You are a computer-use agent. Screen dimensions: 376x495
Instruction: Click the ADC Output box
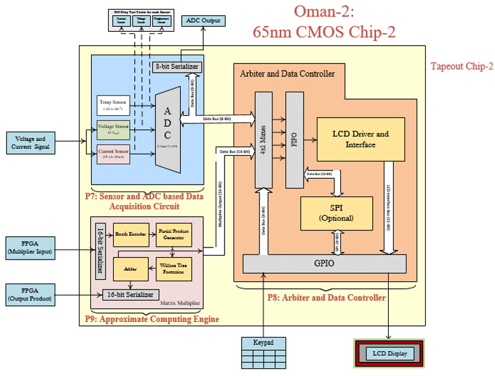click(203, 20)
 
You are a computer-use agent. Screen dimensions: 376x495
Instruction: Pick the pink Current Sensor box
click(113, 153)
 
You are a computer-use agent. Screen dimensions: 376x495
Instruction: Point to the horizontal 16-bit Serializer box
click(129, 295)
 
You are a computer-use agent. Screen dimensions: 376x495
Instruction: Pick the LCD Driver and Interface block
click(360, 139)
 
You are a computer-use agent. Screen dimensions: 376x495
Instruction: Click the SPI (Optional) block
click(337, 213)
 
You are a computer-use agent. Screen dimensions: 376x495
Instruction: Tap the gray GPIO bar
click(324, 263)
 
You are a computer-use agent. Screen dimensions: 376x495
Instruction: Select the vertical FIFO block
click(295, 140)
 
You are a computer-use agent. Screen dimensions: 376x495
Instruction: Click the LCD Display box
click(389, 353)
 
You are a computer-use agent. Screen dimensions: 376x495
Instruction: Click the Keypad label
click(263, 342)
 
